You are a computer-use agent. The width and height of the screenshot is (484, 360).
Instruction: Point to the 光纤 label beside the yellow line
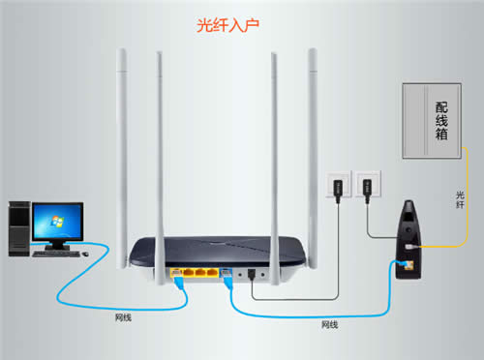tap(461, 197)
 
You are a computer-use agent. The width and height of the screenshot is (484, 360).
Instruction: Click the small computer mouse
tap(85, 253)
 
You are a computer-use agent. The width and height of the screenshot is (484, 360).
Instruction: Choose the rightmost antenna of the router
tap(314, 145)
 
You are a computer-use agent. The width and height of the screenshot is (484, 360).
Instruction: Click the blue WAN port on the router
tap(225, 273)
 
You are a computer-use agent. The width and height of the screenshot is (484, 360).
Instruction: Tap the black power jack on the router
tap(251, 273)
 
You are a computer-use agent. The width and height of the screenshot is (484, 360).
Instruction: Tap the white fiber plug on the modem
tap(412, 249)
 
